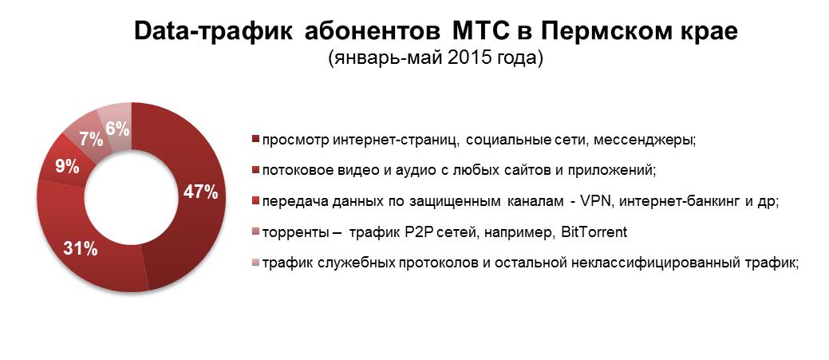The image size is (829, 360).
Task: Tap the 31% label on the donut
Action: [x=81, y=248]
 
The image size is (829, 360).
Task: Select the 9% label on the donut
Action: [x=68, y=168]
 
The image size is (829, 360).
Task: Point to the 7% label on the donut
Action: [x=91, y=140]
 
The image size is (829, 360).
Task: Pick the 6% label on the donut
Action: [x=118, y=129]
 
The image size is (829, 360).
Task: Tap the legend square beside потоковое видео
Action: [x=256, y=172]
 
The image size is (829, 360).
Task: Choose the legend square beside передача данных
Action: [x=256, y=202]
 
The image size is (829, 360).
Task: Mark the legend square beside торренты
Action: [x=256, y=232]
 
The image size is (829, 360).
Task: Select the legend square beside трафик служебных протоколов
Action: [x=256, y=263]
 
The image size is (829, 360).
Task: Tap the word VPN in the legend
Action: [x=594, y=201]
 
